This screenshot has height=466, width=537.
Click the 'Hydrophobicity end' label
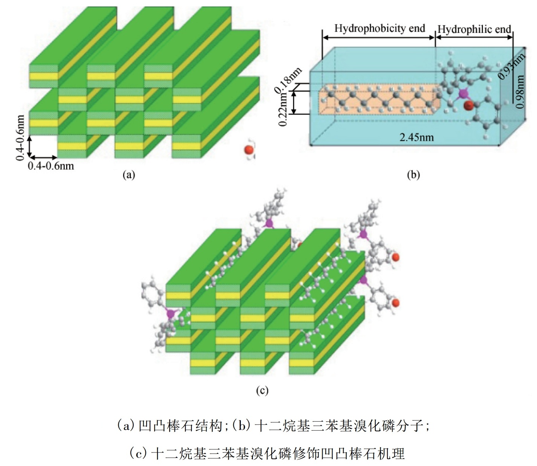click(379, 28)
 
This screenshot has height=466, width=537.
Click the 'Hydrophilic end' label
click(474, 29)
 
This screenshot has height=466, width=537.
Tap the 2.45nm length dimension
click(416, 137)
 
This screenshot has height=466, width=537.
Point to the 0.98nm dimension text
click(520, 92)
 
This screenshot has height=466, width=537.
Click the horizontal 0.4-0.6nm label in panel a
click(51, 165)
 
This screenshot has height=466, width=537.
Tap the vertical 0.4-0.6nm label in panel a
click(21, 138)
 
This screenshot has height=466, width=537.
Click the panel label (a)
click(129, 175)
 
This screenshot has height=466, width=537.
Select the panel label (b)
click(413, 175)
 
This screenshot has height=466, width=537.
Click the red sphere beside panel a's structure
click(249, 150)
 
